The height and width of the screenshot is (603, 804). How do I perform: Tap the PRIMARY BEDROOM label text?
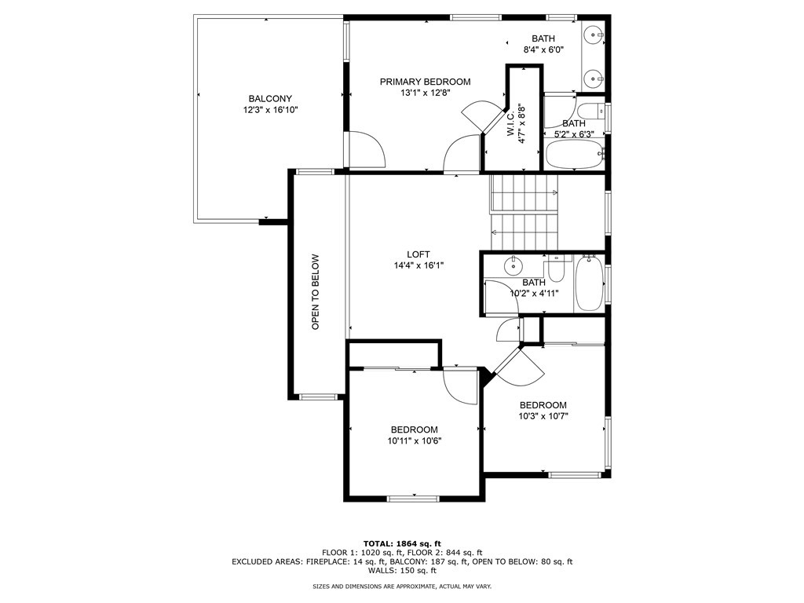pos(425,82)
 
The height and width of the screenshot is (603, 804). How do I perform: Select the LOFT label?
pos(418,254)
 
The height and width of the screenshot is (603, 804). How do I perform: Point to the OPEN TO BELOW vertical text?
pos(316,292)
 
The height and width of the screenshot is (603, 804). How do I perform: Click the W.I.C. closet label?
pos(510,123)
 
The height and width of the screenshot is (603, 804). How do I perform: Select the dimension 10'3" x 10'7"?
pos(543,416)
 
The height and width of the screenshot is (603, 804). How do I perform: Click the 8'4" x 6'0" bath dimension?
pos(543,49)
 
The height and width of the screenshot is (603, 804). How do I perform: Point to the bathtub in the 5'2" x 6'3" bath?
pos(575,153)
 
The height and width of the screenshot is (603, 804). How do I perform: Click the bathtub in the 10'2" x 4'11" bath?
pos(589,283)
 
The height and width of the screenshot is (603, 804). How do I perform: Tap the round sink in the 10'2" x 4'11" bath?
pos(513,265)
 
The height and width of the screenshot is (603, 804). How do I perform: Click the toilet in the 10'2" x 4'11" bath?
pos(556,268)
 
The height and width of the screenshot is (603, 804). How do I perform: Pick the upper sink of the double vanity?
pos(595,35)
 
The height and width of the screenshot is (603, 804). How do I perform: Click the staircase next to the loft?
pos(524,212)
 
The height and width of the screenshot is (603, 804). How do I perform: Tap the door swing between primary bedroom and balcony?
pos(367,149)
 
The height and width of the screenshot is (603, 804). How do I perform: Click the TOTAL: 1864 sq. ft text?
pos(402,543)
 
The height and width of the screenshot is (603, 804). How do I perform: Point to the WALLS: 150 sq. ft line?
pos(402,570)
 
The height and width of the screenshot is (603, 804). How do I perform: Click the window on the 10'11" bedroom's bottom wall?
pos(413,499)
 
